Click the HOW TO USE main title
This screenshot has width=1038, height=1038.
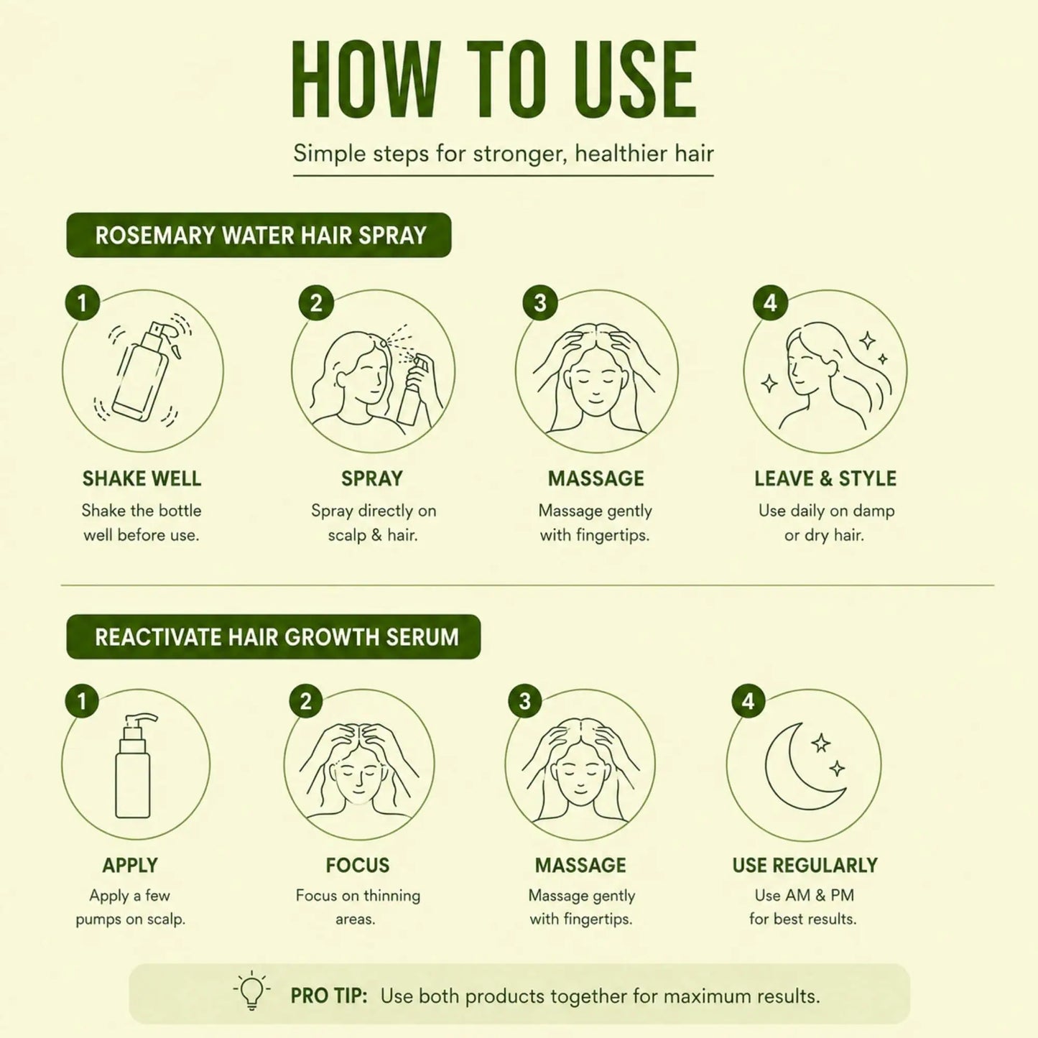[494, 78]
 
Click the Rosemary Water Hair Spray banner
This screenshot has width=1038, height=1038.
[259, 235]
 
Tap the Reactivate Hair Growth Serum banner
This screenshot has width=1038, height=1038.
[273, 636]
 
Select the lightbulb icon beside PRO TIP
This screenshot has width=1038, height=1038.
[251, 990]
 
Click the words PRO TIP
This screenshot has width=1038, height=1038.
[328, 996]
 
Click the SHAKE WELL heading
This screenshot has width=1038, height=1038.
[142, 478]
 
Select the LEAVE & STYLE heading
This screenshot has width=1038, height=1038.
[825, 478]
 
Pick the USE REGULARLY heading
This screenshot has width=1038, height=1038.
[805, 865]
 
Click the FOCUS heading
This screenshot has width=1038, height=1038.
[357, 865]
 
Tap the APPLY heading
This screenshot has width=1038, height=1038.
[130, 865]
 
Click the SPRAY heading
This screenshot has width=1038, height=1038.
[371, 478]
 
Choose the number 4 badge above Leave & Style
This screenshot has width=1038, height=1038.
[770, 302]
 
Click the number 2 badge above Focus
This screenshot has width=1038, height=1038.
[306, 701]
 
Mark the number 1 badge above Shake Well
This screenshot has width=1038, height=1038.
[83, 302]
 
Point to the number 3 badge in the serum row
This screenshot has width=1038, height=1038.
[525, 701]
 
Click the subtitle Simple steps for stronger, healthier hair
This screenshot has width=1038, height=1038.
[503, 154]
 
